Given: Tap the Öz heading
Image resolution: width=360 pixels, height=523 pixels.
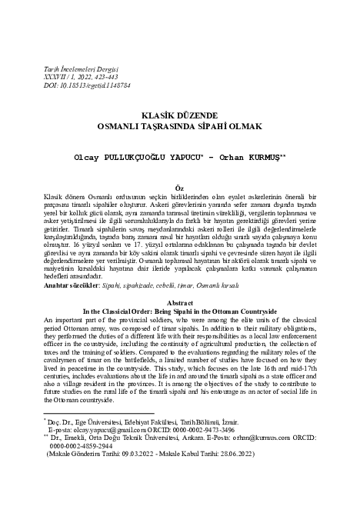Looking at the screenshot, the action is (180, 187).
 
